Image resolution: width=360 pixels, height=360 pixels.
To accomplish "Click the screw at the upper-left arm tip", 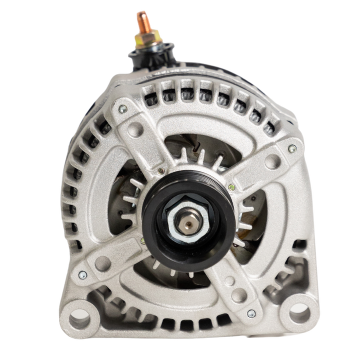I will [x=122, y=108].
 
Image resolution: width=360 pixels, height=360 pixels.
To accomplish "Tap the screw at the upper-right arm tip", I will [x=292, y=148].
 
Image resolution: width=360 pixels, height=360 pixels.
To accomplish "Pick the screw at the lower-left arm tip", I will [x=82, y=274].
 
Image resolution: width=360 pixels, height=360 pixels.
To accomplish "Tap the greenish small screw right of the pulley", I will [x=231, y=187].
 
